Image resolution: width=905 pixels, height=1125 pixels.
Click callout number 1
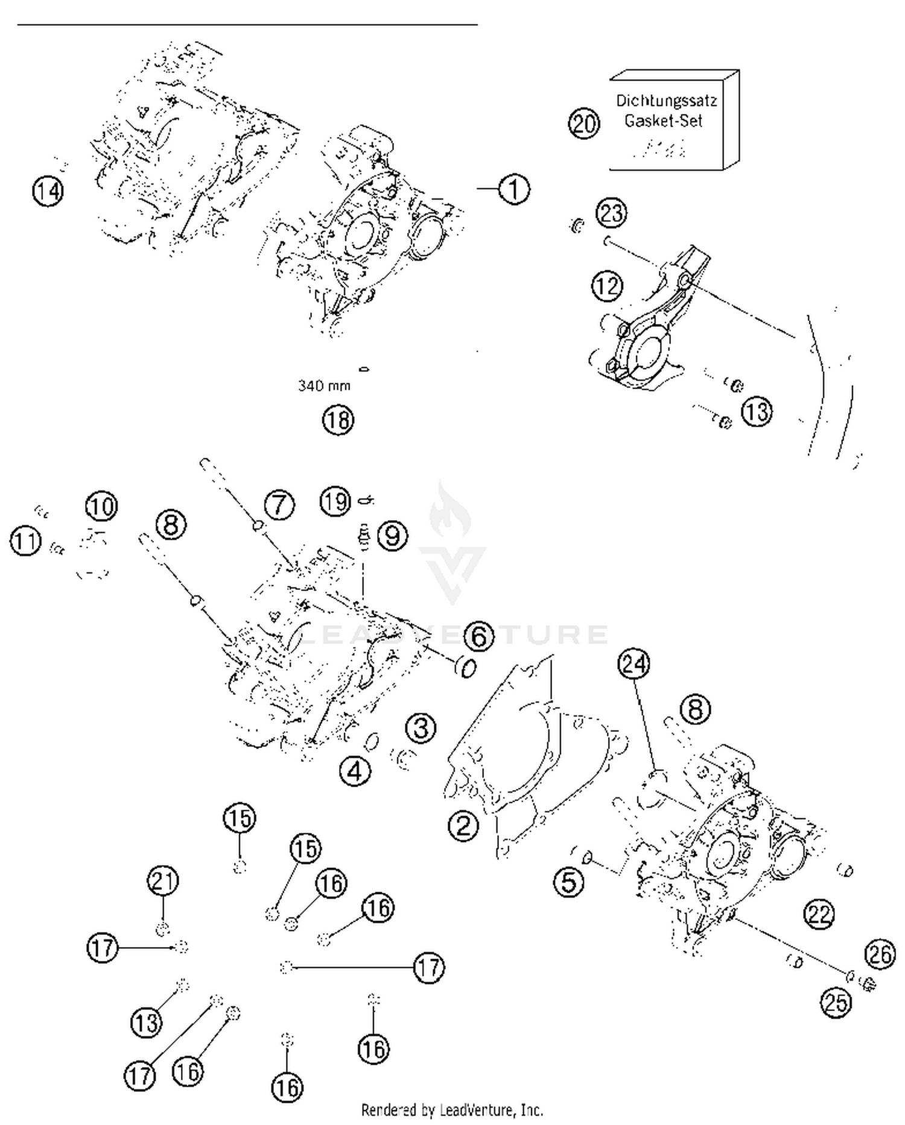[513, 189]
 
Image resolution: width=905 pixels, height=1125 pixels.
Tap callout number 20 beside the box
[583, 124]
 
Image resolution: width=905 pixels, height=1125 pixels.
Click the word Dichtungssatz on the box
[666, 101]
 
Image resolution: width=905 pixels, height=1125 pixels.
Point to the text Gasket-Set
[663, 121]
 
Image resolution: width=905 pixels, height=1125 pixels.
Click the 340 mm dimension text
[324, 385]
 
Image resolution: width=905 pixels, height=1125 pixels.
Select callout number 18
[338, 420]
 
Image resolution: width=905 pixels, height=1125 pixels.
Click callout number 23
[612, 214]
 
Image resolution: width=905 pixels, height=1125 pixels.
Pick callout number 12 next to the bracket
[607, 285]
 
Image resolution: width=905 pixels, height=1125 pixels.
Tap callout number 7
[279, 505]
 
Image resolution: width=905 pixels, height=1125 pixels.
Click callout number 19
[335, 501]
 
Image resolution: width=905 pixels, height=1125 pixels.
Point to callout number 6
[479, 636]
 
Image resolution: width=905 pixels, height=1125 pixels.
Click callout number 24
[634, 664]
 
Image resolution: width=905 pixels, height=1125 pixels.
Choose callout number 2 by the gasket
[463, 826]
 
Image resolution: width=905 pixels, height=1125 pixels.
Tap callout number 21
[163, 881]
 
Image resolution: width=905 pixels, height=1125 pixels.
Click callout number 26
[880, 954]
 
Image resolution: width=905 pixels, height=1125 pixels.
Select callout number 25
[836, 1003]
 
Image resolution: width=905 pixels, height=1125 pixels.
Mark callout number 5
[569, 883]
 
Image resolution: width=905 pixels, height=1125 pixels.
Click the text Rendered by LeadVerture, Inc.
[452, 1109]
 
